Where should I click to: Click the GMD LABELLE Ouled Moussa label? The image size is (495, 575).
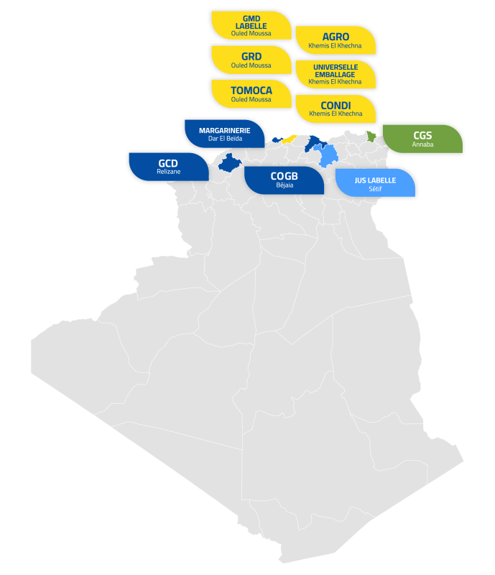tap(251, 25)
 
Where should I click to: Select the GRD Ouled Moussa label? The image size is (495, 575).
tap(251, 60)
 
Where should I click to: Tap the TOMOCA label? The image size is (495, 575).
tap(251, 93)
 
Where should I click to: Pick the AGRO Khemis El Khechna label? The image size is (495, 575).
tap(336, 40)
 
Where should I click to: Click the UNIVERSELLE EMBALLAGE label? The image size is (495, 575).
tap(336, 74)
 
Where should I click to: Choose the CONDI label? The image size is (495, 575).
tap(336, 109)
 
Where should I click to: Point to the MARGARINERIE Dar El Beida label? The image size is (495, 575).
tap(224, 134)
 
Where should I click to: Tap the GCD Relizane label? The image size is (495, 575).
tap(168, 167)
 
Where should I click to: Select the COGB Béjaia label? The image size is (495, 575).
tap(284, 180)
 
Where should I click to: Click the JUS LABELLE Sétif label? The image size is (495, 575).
tap(375, 183)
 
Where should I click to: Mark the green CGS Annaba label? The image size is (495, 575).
tap(422, 139)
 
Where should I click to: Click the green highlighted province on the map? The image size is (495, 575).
tap(371, 136)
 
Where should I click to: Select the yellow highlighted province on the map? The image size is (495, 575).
tap(289, 139)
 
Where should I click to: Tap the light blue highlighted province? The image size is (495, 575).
tap(328, 156)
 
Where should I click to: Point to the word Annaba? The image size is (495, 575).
tap(422, 144)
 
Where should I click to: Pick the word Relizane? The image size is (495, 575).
tap(168, 172)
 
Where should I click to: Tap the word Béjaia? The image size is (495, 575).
tap(284, 185)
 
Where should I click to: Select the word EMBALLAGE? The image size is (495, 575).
tap(335, 75)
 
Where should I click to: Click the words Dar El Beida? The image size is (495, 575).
tap(224, 138)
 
